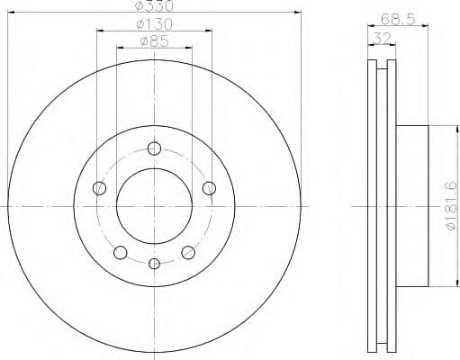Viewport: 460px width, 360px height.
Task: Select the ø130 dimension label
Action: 154,23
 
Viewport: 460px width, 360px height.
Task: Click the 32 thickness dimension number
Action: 382,39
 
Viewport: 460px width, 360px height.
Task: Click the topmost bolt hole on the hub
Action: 154,148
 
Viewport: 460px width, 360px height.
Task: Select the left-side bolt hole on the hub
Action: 99,188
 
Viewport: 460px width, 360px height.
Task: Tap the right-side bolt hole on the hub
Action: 209,188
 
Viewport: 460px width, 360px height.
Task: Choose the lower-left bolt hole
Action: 120,252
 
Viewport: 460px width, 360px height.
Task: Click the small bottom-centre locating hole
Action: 154,263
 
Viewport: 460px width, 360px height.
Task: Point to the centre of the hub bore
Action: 154,207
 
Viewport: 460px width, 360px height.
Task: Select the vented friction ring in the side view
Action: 383,207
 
